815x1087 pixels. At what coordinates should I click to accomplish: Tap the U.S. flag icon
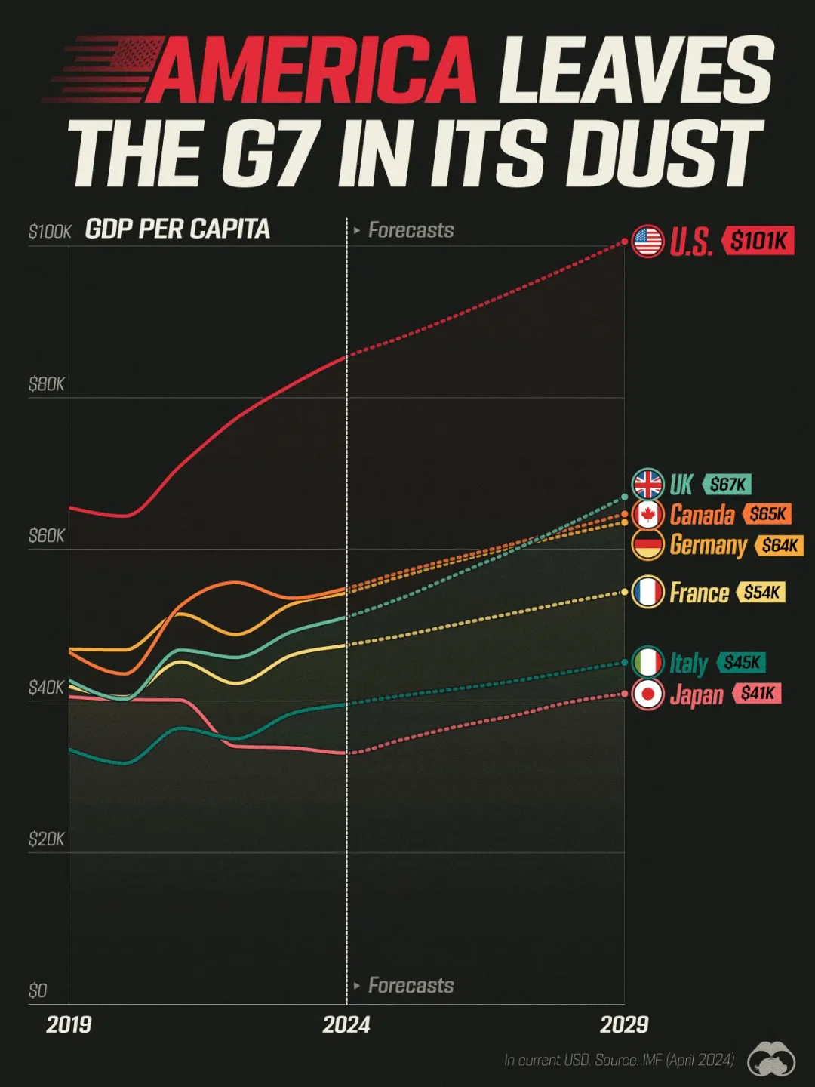[x=647, y=242]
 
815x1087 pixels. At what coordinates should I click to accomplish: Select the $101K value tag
[x=758, y=241]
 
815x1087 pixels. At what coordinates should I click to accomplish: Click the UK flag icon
[x=647, y=485]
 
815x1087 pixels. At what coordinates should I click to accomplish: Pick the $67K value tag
[x=727, y=485]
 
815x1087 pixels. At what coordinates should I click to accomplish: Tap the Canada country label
[x=702, y=515]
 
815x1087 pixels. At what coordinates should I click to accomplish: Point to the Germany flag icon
[x=647, y=545]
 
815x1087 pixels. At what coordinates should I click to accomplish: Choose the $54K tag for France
[x=761, y=593]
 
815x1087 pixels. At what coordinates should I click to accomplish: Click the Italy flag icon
[x=647, y=663]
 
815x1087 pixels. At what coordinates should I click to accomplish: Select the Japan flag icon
[x=647, y=694]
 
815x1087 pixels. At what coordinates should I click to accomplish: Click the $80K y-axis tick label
[x=47, y=385]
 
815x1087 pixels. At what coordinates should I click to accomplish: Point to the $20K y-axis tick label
[x=47, y=839]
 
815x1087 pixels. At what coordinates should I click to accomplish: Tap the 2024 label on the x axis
[x=346, y=1024]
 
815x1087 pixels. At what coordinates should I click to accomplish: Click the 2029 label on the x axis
[x=624, y=1024]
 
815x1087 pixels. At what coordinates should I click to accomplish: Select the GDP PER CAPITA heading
[x=177, y=229]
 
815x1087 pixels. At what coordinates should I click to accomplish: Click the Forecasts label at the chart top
[x=411, y=230]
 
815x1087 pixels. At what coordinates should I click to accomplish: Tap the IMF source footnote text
[x=619, y=1061]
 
